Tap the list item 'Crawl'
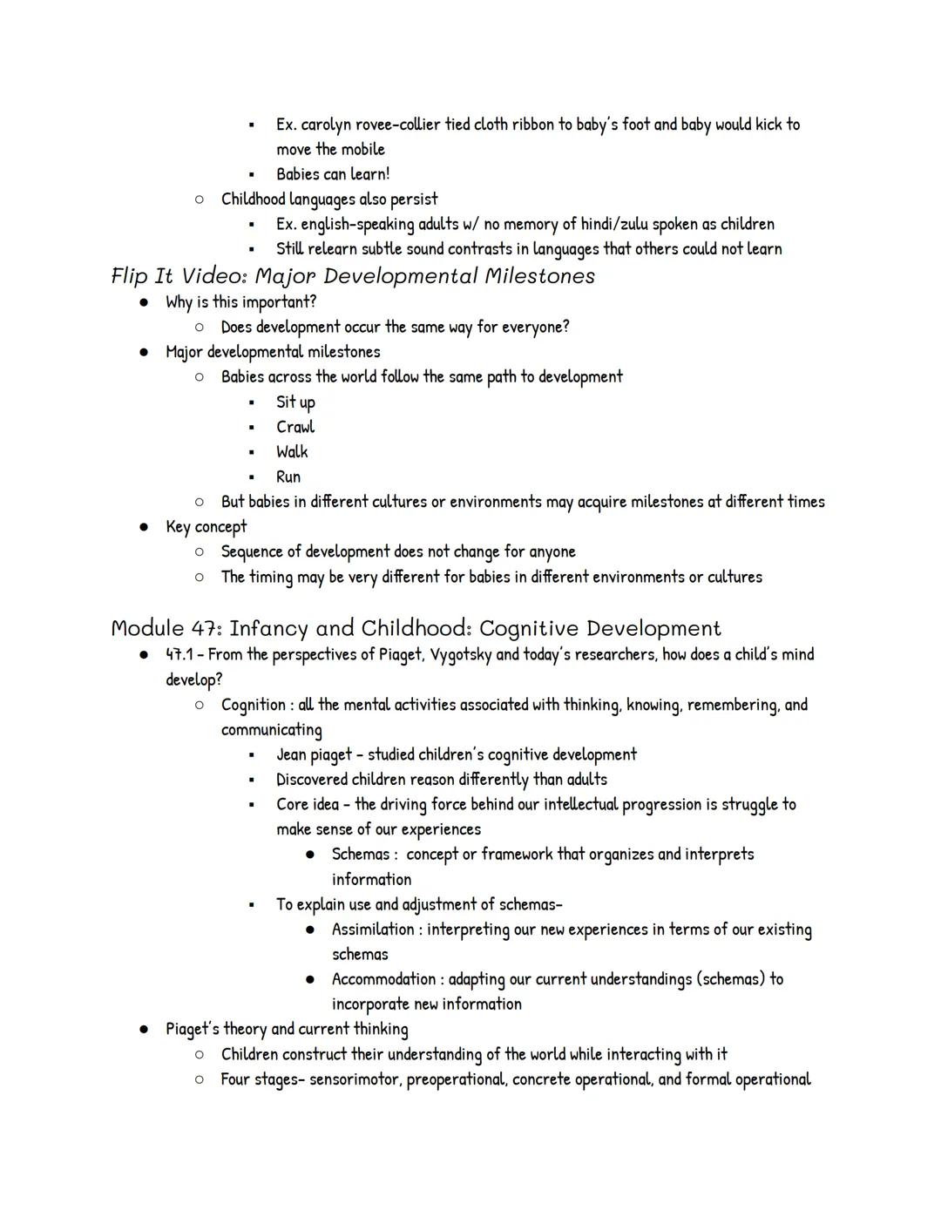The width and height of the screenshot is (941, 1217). click(x=295, y=427)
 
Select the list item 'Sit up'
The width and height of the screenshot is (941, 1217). click(x=295, y=402)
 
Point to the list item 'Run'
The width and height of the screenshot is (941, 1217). click(x=288, y=477)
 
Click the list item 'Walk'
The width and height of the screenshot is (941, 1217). click(x=292, y=452)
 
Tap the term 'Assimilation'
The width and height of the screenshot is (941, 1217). click(x=373, y=930)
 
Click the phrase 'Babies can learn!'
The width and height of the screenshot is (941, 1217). click(x=333, y=174)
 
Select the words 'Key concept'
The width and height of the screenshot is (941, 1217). click(x=206, y=527)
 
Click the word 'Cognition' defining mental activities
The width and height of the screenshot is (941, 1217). click(x=253, y=705)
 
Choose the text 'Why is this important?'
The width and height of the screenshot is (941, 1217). click(x=241, y=302)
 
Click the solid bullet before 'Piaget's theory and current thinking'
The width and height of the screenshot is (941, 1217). click(x=144, y=1030)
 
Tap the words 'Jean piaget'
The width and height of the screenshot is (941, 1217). click(x=314, y=754)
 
